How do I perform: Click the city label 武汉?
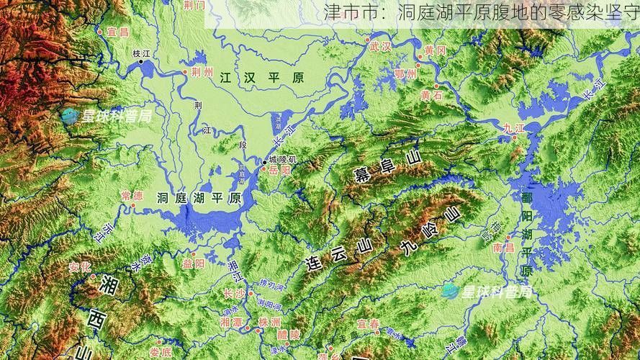(x=379, y=47)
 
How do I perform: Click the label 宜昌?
(x=117, y=32)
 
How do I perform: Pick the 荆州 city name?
(x=202, y=73)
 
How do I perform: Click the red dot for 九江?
(x=513, y=138)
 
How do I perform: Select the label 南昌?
(x=503, y=247)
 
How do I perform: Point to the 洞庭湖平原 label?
(x=199, y=198)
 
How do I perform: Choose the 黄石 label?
(x=432, y=94)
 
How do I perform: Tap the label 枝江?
(x=142, y=53)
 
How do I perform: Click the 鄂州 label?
(x=405, y=73)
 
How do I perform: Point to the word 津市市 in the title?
(x=348, y=12)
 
